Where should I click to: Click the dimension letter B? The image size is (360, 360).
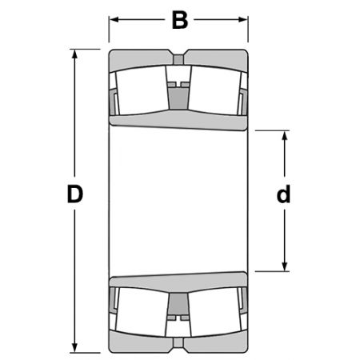tap(180, 20)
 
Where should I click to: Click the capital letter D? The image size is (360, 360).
tap(75, 194)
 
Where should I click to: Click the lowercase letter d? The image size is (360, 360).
tap(283, 194)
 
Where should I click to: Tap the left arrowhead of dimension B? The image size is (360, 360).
tap(114, 19)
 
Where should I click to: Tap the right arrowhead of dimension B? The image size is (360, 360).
tap(243, 19)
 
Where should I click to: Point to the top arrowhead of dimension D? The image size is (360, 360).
tap(74, 54)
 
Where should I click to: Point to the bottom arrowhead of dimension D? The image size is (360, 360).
tap(74, 348)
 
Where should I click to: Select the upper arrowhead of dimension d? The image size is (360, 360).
tap(285, 135)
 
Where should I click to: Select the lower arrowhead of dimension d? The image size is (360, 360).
tap(285, 266)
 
